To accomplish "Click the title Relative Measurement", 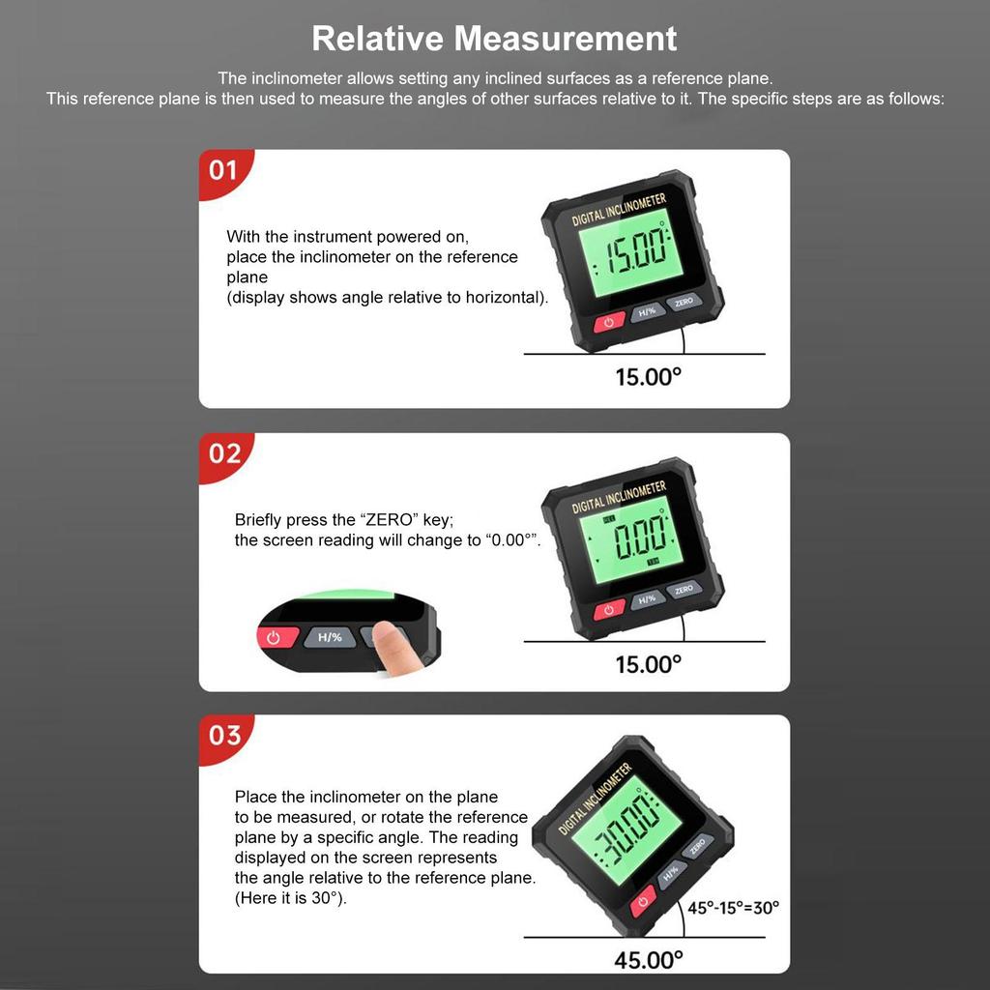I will [x=494, y=39].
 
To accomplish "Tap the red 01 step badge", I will [x=223, y=171].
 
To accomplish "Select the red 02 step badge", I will [x=224, y=452].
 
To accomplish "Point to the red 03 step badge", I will [x=224, y=735].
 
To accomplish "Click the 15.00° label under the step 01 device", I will [x=648, y=377].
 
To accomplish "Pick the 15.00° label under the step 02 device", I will [x=648, y=664].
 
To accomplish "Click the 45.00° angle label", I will [x=648, y=960].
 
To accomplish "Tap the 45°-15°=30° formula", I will [x=733, y=908].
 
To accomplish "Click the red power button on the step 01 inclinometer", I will [x=608, y=322].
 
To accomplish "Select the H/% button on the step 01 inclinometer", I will [x=648, y=311].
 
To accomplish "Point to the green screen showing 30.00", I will [x=618, y=831].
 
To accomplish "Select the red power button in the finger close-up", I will [x=275, y=638].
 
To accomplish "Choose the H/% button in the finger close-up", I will [x=330, y=637].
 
